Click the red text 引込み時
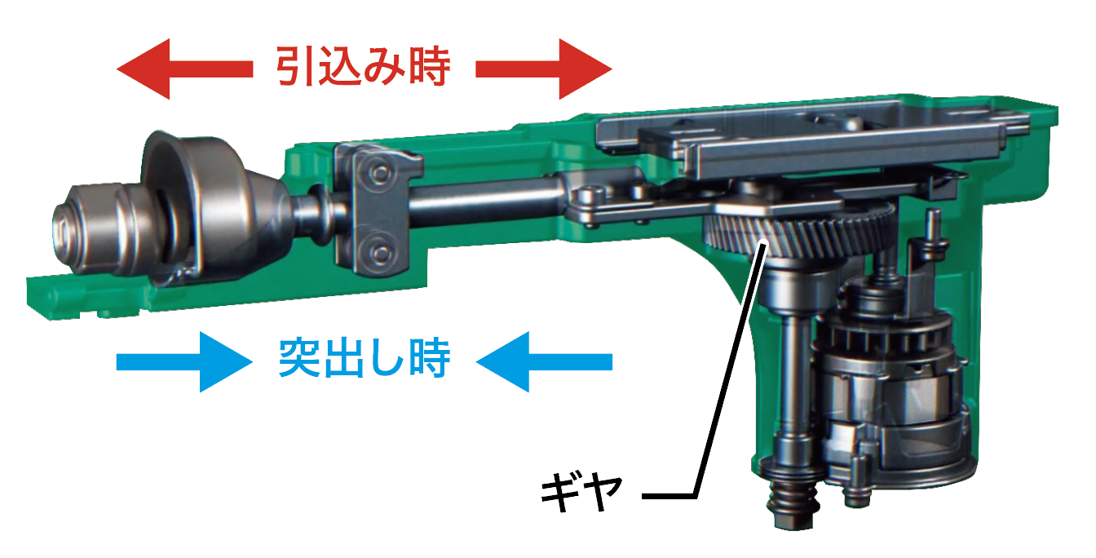tap(363, 66)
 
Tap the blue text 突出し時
tap(364, 358)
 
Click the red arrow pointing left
tap(184, 69)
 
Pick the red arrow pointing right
tap(544, 69)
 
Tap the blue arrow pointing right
tap(184, 361)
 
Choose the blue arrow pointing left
tap(544, 361)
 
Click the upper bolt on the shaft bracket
tap(380, 172)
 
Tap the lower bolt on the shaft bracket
tap(380, 253)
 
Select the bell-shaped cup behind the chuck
tap(196, 208)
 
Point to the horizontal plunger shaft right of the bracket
tap(484, 201)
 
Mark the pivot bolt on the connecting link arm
tap(590, 197)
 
